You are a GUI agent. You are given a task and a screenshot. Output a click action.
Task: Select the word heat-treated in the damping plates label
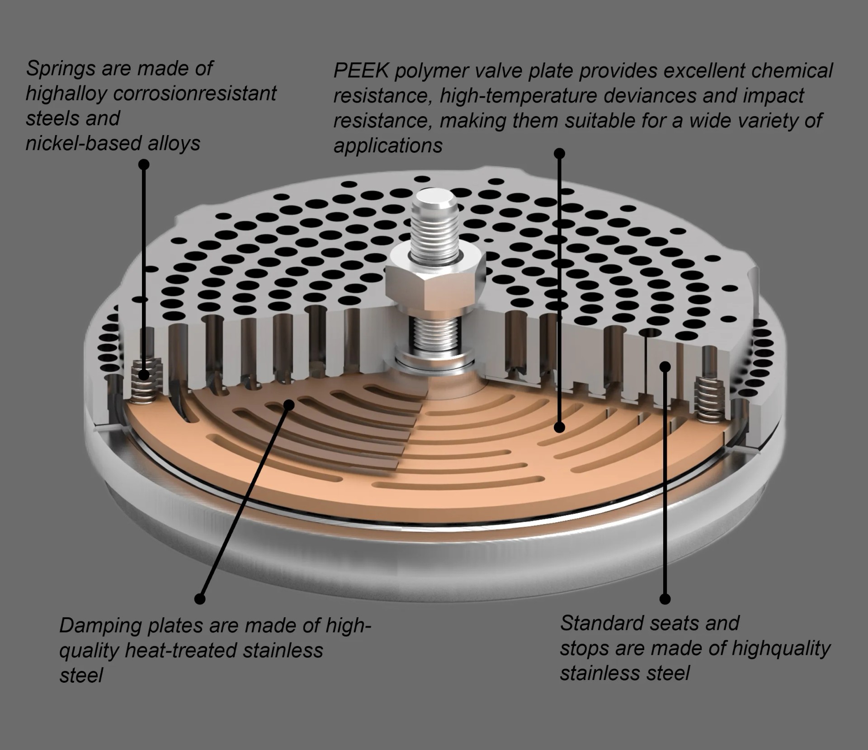(180, 651)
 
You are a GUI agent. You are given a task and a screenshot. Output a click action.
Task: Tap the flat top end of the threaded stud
(434, 198)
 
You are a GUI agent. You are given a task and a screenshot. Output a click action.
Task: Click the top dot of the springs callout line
(144, 164)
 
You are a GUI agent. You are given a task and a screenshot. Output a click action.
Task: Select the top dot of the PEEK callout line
(560, 154)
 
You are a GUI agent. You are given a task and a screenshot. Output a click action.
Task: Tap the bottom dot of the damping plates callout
(200, 599)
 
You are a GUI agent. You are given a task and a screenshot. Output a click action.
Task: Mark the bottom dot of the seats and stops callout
(665, 599)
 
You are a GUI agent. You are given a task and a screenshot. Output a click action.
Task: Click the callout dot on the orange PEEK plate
(560, 427)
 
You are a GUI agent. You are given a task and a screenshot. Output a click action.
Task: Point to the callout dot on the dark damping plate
(289, 404)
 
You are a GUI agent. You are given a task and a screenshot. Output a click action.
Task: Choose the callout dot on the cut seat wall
(665, 366)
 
